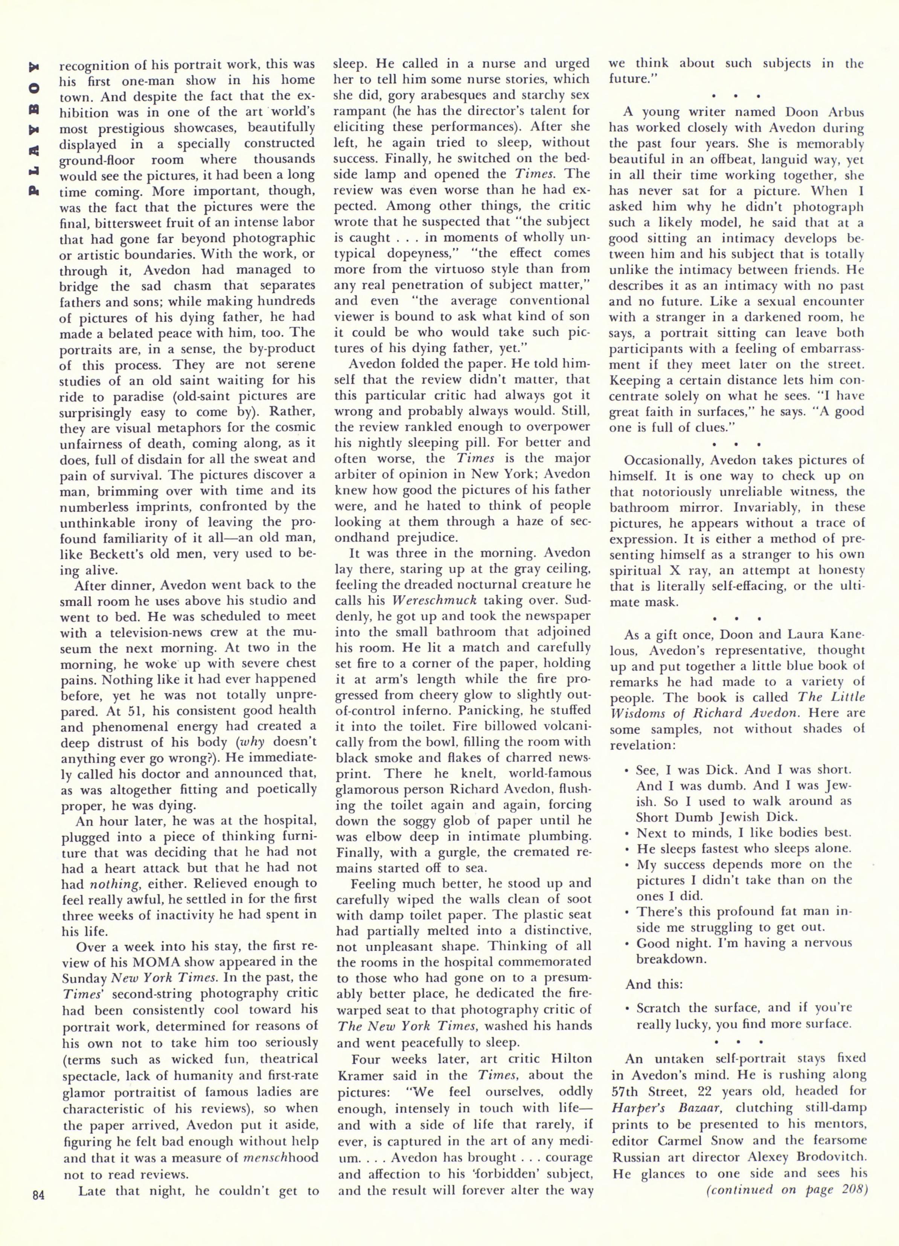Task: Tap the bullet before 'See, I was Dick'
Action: tap(627, 770)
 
